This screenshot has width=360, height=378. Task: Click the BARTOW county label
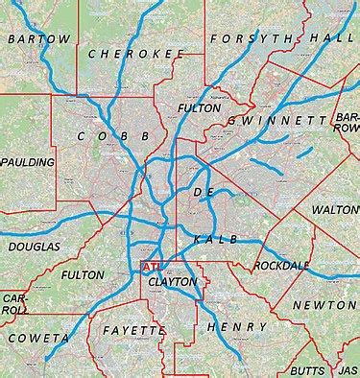pyautogui.click(x=39, y=38)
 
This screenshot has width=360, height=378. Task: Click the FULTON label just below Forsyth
pyautogui.click(x=200, y=108)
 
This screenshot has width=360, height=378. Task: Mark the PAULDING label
pyautogui.click(x=29, y=163)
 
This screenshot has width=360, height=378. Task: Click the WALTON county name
pyautogui.click(x=335, y=208)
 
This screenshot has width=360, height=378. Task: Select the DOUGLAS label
pyautogui.click(x=34, y=247)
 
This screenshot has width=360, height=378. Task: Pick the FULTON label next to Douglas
pyautogui.click(x=82, y=274)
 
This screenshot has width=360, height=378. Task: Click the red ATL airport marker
pyautogui.click(x=150, y=266)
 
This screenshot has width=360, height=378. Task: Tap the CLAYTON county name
pyautogui.click(x=173, y=282)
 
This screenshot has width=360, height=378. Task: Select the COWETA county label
pyautogui.click(x=38, y=339)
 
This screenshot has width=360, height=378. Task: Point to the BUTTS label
pyautogui.click(x=307, y=368)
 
